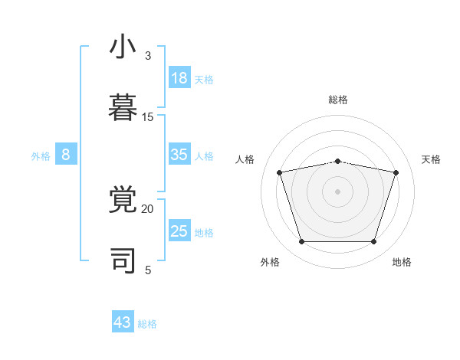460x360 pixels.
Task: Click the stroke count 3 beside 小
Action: point(148,56)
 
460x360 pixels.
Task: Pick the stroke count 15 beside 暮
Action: point(148,117)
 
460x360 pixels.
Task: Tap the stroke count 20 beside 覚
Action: point(148,209)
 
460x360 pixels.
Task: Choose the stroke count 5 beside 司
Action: point(148,270)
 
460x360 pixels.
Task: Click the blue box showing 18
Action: point(179,77)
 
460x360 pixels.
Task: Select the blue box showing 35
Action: point(179,155)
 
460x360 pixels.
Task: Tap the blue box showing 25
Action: point(179,231)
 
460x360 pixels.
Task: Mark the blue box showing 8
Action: point(66,155)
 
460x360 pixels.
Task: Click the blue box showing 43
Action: point(123,322)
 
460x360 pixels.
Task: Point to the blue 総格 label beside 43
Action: point(148,324)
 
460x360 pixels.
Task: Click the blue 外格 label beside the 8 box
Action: point(41,156)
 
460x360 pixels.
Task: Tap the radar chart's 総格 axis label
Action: point(338,100)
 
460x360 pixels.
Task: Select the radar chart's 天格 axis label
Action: point(431,159)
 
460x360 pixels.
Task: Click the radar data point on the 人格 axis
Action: point(280,172)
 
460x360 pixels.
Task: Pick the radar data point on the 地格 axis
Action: point(373,241)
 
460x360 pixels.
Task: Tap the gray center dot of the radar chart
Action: point(338,191)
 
